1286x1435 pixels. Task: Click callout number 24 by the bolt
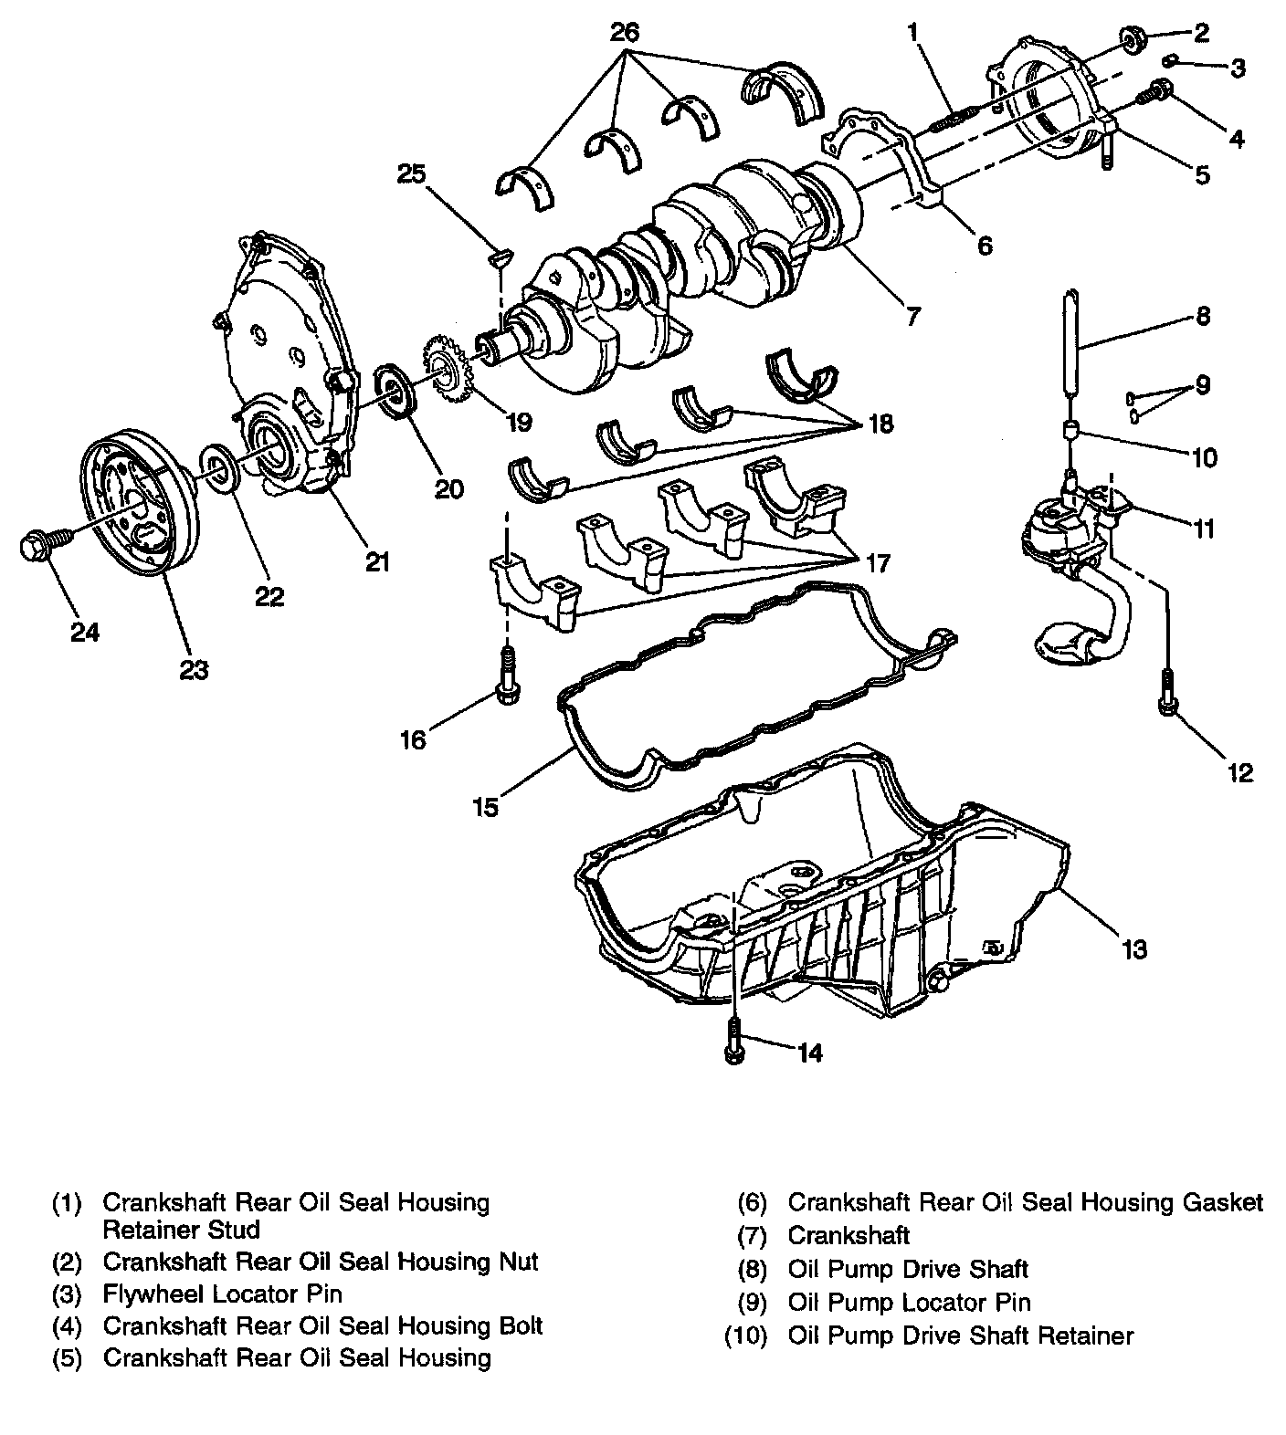click(x=85, y=631)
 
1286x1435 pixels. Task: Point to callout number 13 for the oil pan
click(x=1133, y=949)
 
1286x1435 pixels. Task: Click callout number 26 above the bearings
click(x=625, y=33)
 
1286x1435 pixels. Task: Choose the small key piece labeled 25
click(x=500, y=259)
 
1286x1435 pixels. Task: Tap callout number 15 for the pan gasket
click(x=485, y=807)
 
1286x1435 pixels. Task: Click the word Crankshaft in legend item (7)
click(x=849, y=1235)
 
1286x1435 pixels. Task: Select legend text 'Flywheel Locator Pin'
click(x=222, y=1294)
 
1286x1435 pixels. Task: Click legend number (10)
click(x=746, y=1335)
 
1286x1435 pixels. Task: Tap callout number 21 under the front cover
click(x=376, y=561)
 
